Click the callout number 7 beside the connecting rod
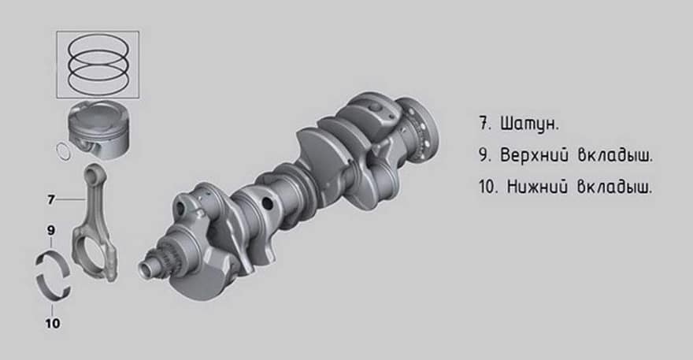pyautogui.click(x=51, y=200)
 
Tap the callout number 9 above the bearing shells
pyautogui.click(x=51, y=231)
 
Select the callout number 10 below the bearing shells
pyautogui.click(x=53, y=324)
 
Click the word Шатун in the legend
pyautogui.click(x=529, y=124)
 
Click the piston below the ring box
pyautogui.click(x=98, y=129)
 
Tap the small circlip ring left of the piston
pyautogui.click(x=63, y=151)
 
